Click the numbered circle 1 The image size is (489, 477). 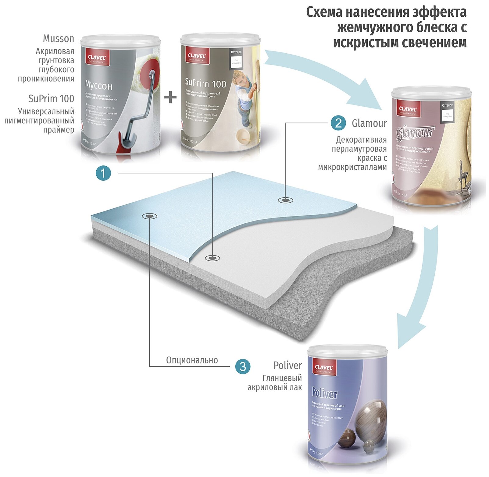(x=103, y=173)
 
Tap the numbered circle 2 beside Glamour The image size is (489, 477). (x=338, y=123)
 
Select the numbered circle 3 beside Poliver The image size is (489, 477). (x=243, y=366)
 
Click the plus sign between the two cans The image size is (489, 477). (x=170, y=98)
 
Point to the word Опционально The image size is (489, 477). (x=192, y=360)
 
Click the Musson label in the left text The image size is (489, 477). (x=59, y=39)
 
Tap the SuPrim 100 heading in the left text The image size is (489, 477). (x=51, y=99)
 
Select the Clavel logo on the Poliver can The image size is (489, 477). (x=323, y=367)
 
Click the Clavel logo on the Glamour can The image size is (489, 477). (x=408, y=109)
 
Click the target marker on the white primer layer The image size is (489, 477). (x=212, y=258)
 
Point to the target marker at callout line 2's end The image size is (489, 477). (x=285, y=200)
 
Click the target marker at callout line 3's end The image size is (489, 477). (x=149, y=216)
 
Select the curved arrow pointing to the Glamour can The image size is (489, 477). (x=323, y=76)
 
